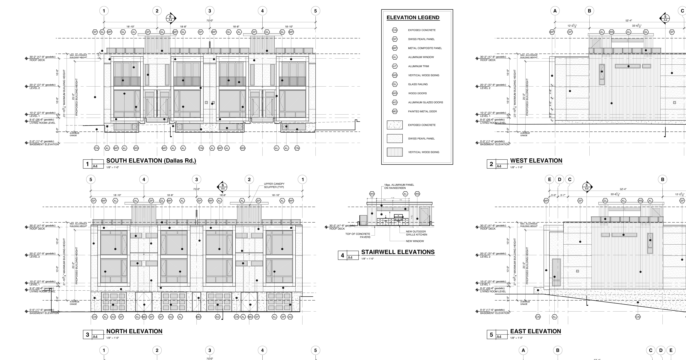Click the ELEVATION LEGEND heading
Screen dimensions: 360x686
(x=413, y=18)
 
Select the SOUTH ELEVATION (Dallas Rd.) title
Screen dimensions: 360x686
(x=151, y=161)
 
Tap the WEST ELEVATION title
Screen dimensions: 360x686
(x=536, y=161)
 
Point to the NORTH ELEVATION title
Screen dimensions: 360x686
(x=134, y=331)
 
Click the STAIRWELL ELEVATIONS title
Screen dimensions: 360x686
(x=398, y=252)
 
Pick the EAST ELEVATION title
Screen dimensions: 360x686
(x=536, y=331)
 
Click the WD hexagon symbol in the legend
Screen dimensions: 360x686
(x=395, y=93)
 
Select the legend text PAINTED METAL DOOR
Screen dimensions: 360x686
(x=422, y=111)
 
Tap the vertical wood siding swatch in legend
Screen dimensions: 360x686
(x=395, y=152)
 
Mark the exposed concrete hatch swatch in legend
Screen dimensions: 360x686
(x=395, y=125)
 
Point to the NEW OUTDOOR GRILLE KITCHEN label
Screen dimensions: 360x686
(x=416, y=233)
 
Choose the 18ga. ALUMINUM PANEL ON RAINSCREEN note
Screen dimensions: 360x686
(x=399, y=186)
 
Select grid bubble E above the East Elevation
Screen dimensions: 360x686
(x=549, y=180)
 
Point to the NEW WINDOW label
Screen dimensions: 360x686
(x=415, y=241)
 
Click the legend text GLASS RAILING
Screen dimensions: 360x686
(x=418, y=84)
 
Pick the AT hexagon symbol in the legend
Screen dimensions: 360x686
(x=395, y=66)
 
